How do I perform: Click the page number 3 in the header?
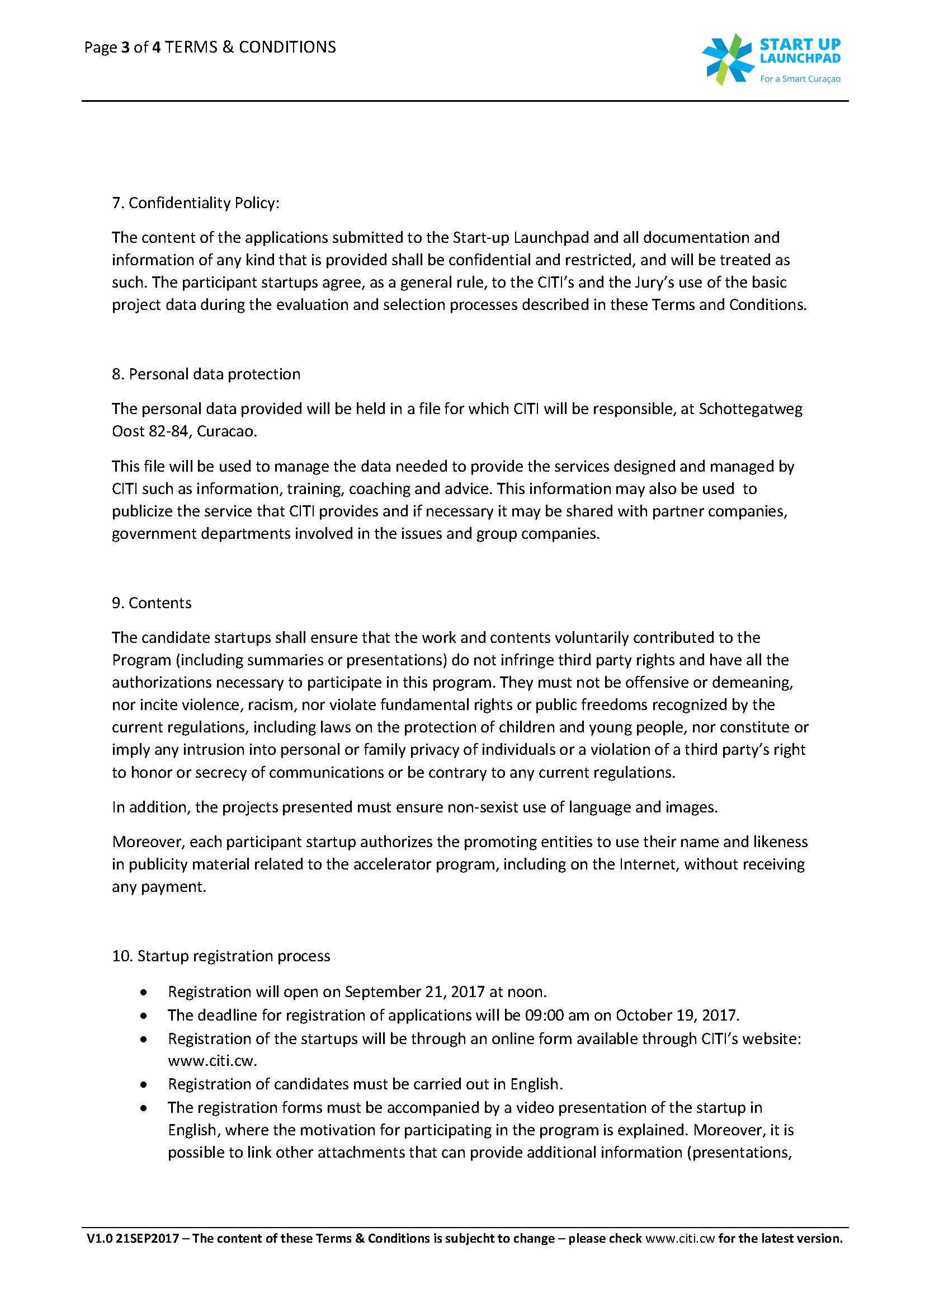pyautogui.click(x=125, y=48)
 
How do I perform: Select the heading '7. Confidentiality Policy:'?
pyautogui.click(x=195, y=204)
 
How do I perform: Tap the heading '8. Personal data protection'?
pyautogui.click(x=206, y=374)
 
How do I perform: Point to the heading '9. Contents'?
pyautogui.click(x=152, y=603)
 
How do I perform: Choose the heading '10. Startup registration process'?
pyautogui.click(x=221, y=956)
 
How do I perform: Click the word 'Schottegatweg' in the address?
pyautogui.click(x=750, y=409)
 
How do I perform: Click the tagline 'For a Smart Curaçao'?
pyautogui.click(x=800, y=79)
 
